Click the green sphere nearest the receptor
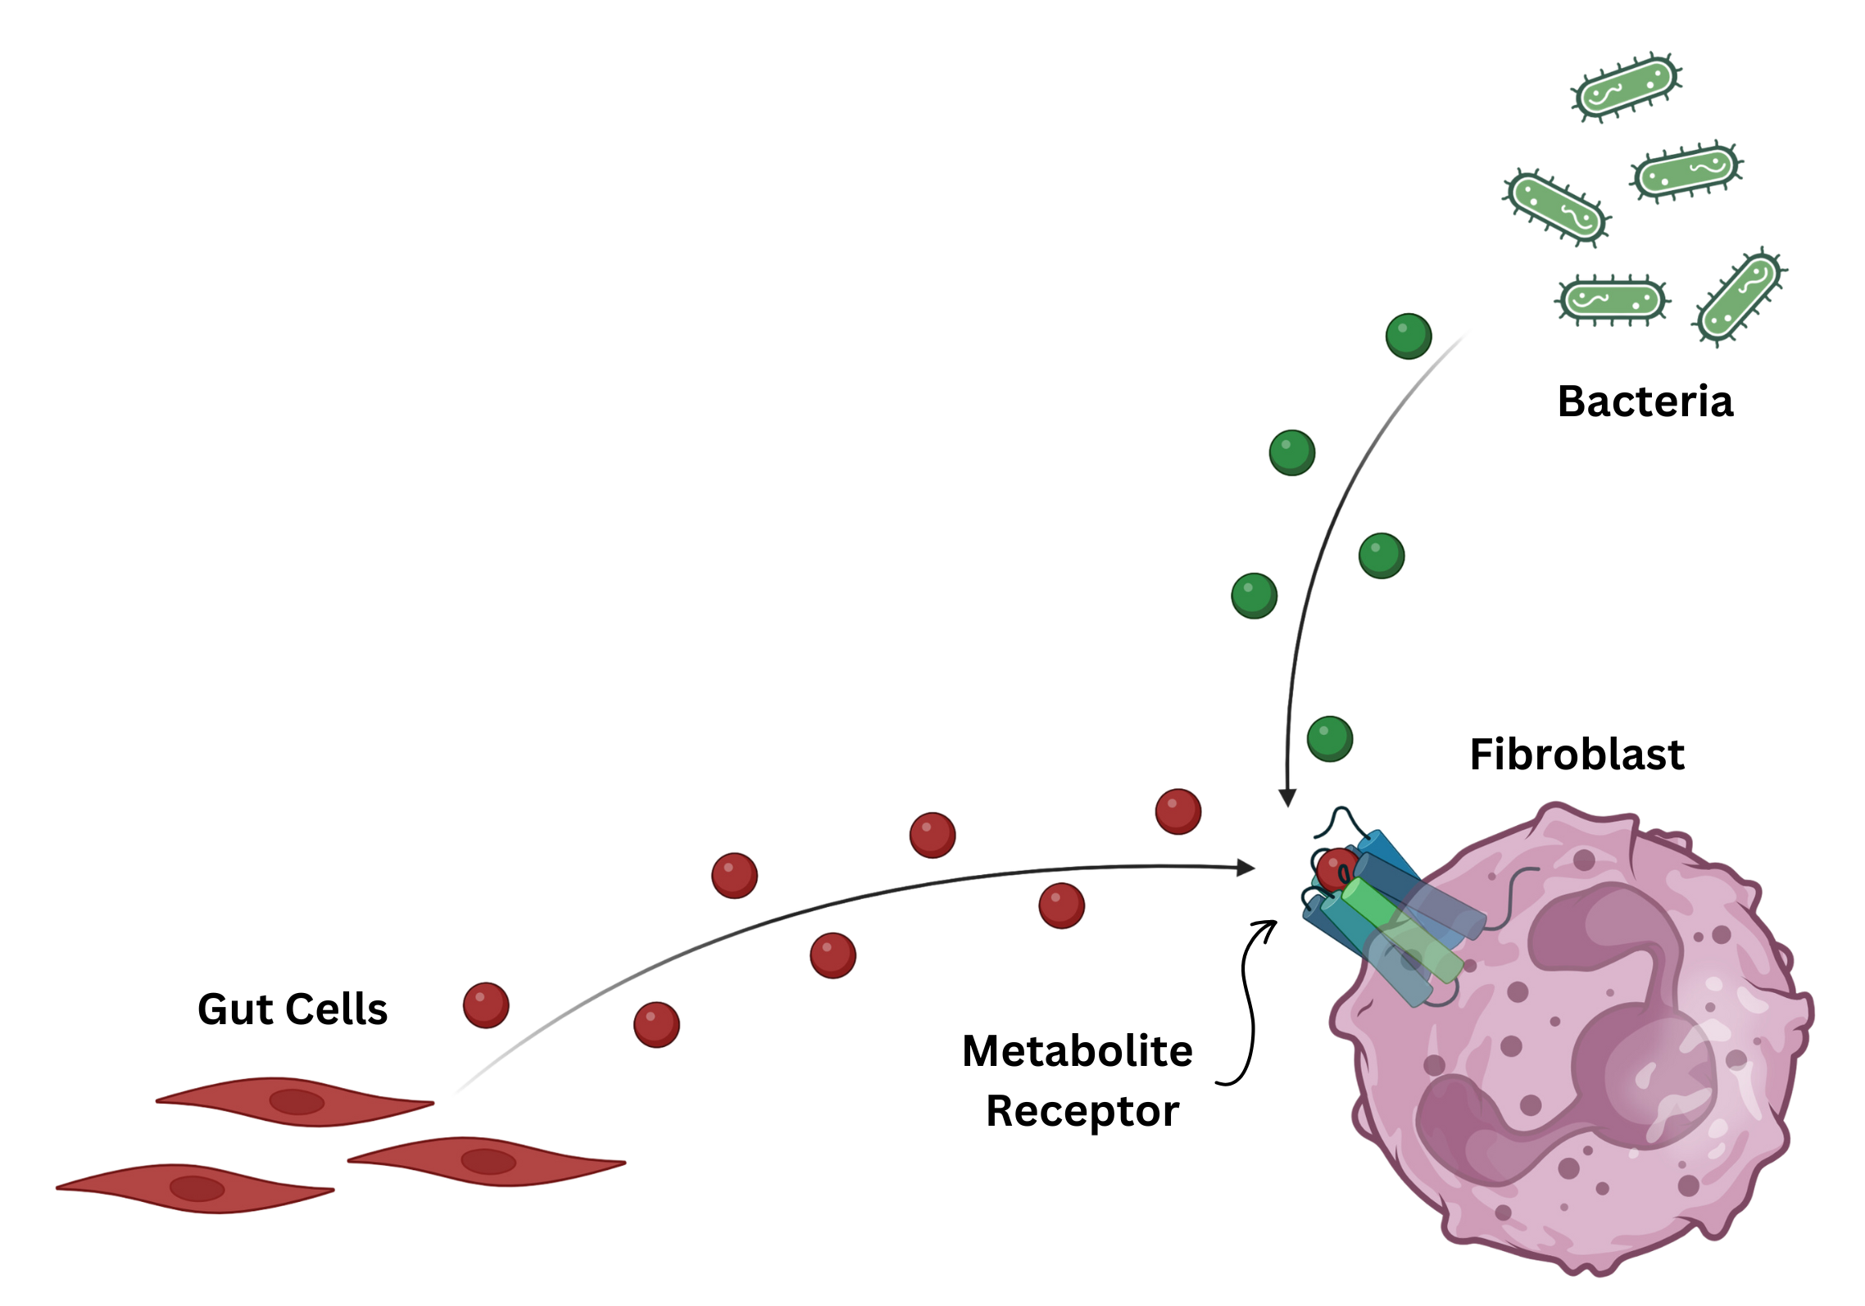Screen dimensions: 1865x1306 point(1329,737)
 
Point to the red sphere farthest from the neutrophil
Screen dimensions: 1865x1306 point(486,1004)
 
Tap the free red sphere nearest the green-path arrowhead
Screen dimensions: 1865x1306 point(1178,811)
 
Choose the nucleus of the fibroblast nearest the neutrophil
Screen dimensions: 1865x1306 point(488,1160)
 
